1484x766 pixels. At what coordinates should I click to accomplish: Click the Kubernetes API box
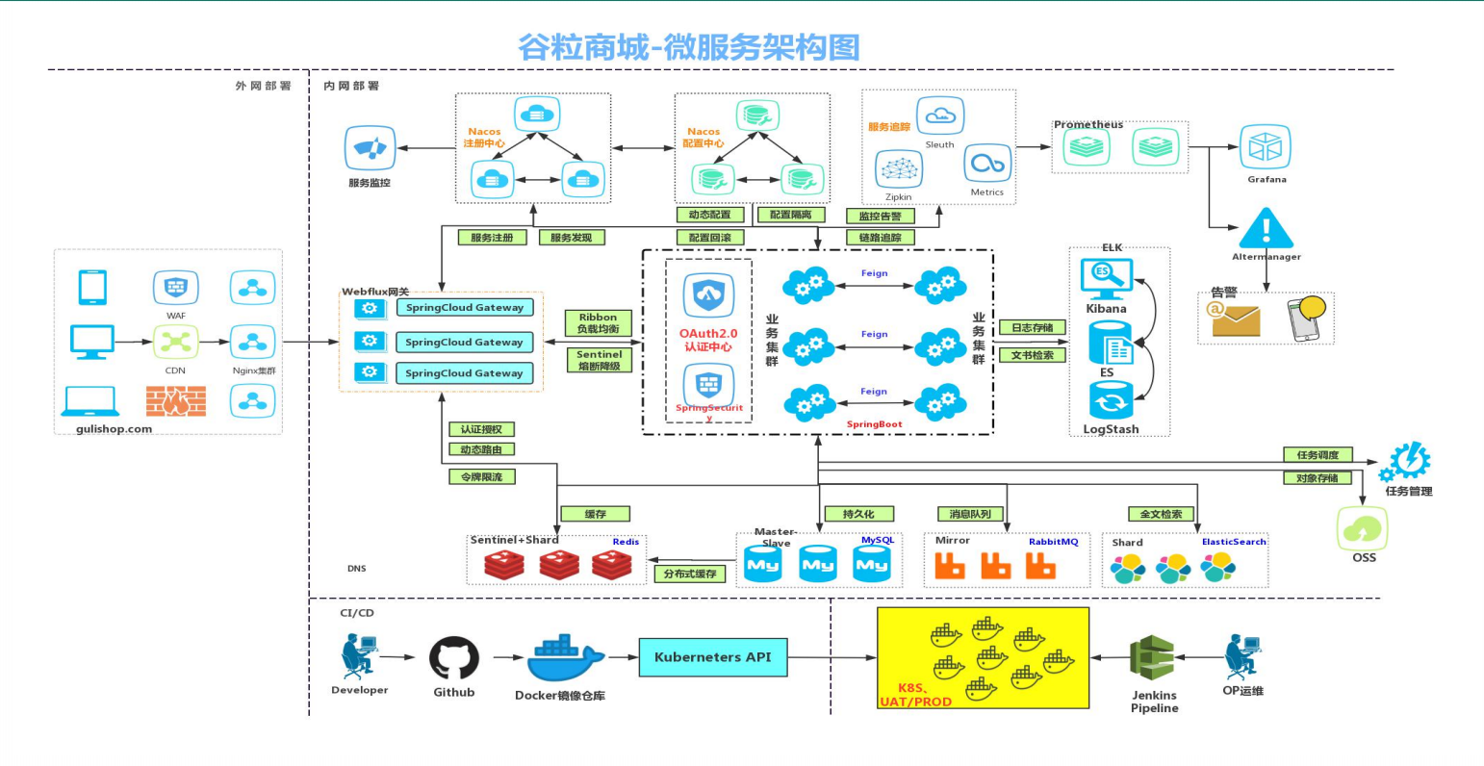[x=712, y=657]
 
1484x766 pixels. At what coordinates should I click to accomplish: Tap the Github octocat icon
[x=453, y=658]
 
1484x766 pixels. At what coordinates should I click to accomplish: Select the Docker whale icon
[x=564, y=659]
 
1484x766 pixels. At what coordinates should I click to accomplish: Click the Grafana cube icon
[x=1266, y=147]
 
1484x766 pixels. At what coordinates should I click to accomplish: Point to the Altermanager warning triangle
[x=1266, y=229]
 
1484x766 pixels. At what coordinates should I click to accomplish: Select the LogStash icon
[x=1111, y=401]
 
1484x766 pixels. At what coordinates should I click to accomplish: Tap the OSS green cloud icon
[x=1363, y=528]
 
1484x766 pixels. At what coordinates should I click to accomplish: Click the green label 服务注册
[x=492, y=237]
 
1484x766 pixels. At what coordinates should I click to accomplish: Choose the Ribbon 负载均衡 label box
[x=598, y=323]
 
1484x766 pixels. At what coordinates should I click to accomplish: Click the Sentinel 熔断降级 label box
[x=599, y=360]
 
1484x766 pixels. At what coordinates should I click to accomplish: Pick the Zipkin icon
[x=898, y=170]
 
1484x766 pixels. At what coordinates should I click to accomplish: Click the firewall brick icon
[x=175, y=400]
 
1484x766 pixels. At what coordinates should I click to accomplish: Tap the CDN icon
[x=175, y=342]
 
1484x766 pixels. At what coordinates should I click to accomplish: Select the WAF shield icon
[x=175, y=287]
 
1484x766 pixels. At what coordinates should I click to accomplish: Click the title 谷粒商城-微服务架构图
[x=688, y=47]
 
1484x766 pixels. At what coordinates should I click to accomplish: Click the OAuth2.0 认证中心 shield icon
[x=708, y=295]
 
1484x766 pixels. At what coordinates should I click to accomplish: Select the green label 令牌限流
[x=481, y=476]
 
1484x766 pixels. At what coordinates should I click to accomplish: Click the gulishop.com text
[x=114, y=429]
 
